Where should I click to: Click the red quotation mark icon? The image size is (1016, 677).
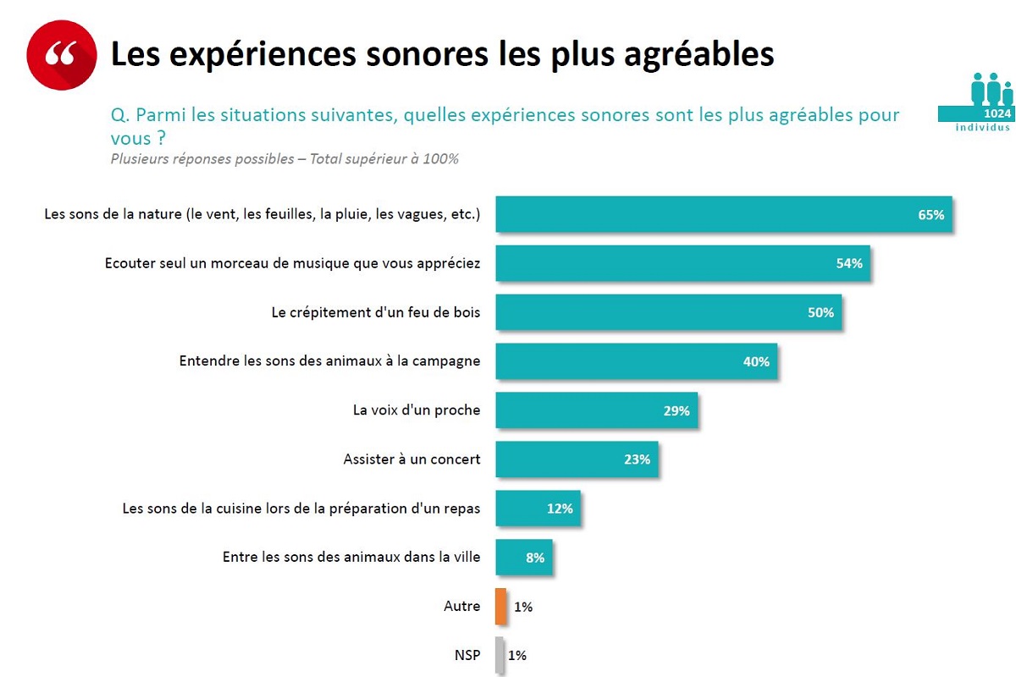tap(61, 54)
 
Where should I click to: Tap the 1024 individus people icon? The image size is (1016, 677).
tap(986, 102)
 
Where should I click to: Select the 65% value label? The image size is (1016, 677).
tap(930, 215)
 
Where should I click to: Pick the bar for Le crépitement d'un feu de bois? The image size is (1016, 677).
tap(668, 312)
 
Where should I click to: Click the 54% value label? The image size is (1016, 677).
tap(848, 263)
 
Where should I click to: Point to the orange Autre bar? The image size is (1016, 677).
tap(501, 606)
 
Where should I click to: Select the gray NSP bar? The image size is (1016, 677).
tap(500, 655)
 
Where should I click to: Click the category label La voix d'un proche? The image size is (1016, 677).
tap(417, 410)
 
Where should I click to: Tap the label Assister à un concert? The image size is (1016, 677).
tap(411, 460)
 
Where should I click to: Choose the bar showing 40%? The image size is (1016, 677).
tap(636, 361)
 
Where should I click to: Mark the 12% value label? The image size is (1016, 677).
tap(560, 509)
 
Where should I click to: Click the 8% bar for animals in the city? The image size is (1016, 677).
tap(523, 558)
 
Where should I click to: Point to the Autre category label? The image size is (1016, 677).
tap(461, 606)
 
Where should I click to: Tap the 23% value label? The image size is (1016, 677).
tap(637, 460)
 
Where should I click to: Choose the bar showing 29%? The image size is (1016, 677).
tap(596, 410)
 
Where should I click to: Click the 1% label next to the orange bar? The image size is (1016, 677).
tap(523, 607)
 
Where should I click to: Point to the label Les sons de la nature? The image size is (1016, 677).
tap(262, 215)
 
